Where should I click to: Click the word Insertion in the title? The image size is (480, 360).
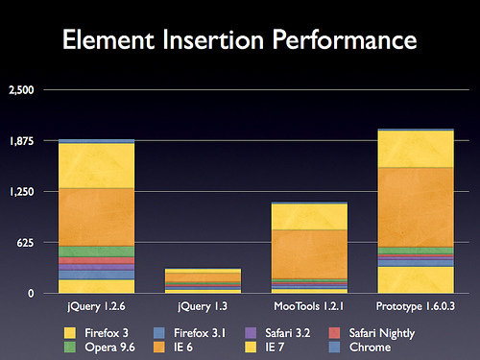click(213, 39)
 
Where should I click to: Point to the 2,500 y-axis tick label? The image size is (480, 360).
click(21, 90)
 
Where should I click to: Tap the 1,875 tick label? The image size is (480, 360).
click(21, 141)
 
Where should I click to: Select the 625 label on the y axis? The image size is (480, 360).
click(25, 243)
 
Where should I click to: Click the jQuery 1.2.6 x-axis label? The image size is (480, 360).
click(96, 306)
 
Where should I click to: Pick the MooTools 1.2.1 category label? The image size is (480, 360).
click(309, 306)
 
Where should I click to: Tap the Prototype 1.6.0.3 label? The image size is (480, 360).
click(416, 306)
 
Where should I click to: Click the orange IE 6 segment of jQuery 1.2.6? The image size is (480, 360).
click(96, 217)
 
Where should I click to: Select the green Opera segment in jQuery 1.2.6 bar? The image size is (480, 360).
click(96, 252)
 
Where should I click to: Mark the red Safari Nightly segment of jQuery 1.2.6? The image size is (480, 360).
click(96, 260)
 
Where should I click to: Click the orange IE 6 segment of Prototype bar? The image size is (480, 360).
click(416, 207)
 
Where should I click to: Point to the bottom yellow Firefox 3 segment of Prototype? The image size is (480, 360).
click(416, 279)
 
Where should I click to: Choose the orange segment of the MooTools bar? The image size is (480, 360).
click(309, 254)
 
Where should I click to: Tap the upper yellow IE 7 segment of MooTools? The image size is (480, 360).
click(309, 217)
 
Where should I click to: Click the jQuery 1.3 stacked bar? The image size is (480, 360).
click(203, 280)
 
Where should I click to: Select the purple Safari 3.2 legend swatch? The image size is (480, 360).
click(251, 333)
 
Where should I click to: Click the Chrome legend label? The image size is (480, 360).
click(370, 348)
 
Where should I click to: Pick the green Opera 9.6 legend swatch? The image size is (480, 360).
click(70, 348)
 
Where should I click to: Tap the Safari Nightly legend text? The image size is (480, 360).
click(382, 333)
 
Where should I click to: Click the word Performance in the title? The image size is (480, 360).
click(345, 39)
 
